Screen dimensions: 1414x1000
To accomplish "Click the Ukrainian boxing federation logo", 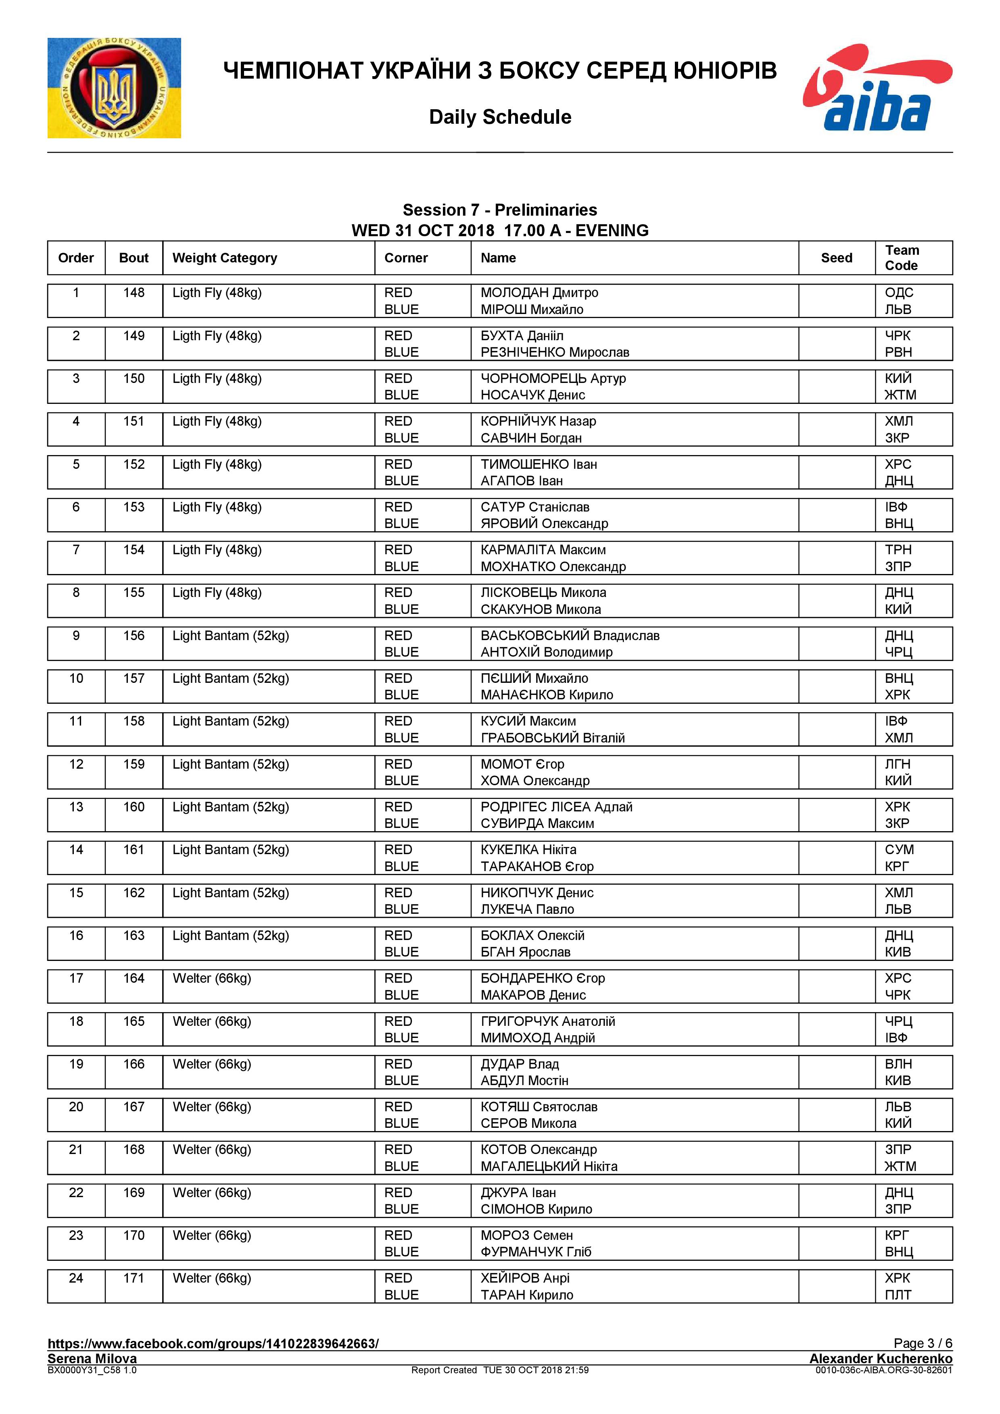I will pyautogui.click(x=114, y=88).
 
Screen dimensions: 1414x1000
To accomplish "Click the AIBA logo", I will pyautogui.click(x=877, y=87).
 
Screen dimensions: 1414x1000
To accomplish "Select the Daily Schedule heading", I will pyautogui.click(x=500, y=117).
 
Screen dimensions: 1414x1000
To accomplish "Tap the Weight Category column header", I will pyautogui.click(x=225, y=258).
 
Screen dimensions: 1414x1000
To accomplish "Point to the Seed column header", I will pyautogui.click(x=836, y=258).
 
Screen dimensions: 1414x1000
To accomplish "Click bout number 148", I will pyautogui.click(x=134, y=293).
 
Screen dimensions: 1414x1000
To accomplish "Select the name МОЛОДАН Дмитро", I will pyautogui.click(x=539, y=293).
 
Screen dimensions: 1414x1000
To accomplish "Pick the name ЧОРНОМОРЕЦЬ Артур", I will pyautogui.click(x=553, y=378).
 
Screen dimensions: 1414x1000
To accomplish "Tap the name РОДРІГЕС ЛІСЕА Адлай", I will pyautogui.click(x=556, y=807).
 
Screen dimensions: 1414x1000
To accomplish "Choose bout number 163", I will pyautogui.click(x=134, y=936).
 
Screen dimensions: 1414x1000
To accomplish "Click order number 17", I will pyautogui.click(x=76, y=978).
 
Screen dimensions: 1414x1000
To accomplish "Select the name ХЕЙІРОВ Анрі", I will pyautogui.click(x=525, y=1278).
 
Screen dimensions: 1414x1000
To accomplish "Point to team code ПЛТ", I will pyautogui.click(x=898, y=1295).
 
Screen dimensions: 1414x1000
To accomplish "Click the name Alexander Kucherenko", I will pyautogui.click(x=881, y=1358).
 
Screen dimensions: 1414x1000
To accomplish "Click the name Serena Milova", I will pyautogui.click(x=92, y=1358).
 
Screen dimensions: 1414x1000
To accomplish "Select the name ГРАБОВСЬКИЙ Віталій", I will pyautogui.click(x=553, y=738).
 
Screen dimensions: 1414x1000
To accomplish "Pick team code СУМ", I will pyautogui.click(x=899, y=850).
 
